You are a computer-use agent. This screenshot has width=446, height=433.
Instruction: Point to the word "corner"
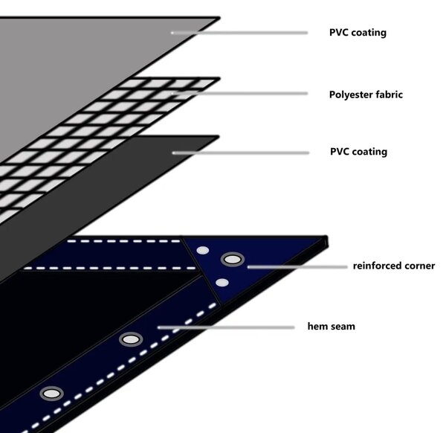[x=420, y=266]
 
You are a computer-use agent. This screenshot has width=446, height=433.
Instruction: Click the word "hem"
[x=317, y=326]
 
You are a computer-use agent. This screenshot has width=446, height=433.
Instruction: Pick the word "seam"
[x=343, y=327]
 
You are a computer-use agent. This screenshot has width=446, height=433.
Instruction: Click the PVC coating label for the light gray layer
[x=358, y=33]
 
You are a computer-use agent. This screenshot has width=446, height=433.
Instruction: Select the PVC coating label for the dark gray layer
[x=359, y=152]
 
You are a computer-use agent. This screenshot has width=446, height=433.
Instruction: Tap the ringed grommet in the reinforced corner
[x=233, y=260]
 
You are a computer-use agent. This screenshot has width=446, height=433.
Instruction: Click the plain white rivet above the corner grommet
[x=203, y=251]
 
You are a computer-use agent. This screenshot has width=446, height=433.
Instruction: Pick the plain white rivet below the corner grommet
[x=222, y=283]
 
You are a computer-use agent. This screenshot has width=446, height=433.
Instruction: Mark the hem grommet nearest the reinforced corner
[x=131, y=339]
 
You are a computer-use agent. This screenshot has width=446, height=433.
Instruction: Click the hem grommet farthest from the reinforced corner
[x=52, y=394]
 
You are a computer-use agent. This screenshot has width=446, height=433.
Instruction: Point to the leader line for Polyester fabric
[x=239, y=94]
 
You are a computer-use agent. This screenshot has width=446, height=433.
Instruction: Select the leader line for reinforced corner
[x=297, y=267]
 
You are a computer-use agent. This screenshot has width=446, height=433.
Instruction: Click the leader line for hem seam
[x=226, y=327]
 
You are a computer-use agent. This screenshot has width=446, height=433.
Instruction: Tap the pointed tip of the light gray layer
[x=219, y=18]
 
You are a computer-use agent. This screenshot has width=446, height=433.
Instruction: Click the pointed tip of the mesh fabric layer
[x=219, y=79]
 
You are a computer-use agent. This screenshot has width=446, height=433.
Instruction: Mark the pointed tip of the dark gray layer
[x=219, y=137]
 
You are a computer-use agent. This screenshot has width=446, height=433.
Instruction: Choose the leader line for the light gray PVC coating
[x=239, y=33]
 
